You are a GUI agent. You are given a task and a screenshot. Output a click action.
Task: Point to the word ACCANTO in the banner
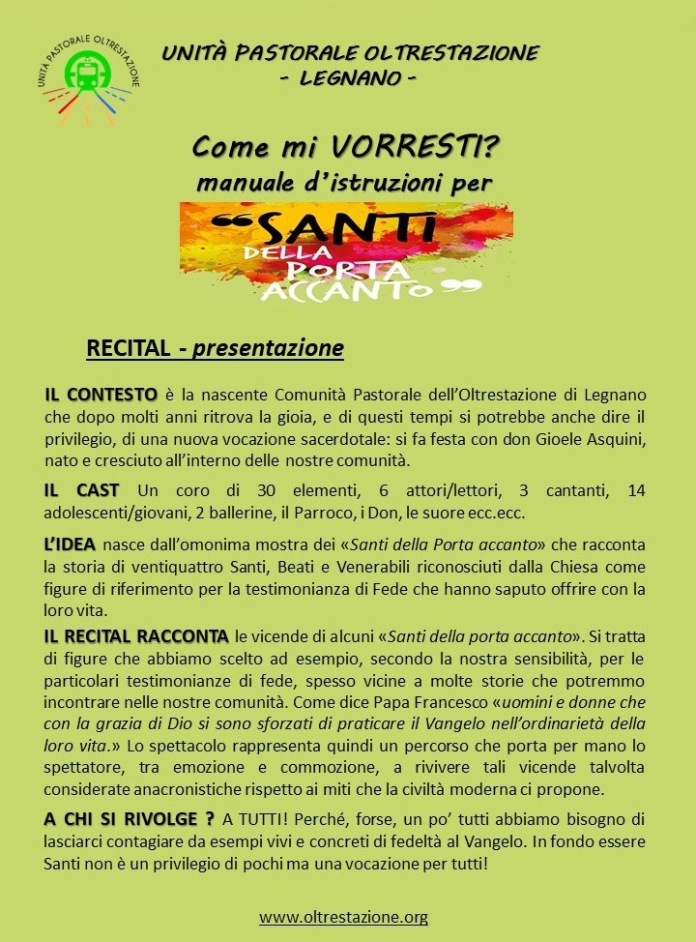378,288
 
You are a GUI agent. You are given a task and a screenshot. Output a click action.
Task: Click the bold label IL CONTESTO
101,395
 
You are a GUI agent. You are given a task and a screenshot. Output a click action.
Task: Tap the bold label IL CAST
82,491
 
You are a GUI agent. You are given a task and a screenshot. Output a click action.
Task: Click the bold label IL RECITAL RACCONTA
136,635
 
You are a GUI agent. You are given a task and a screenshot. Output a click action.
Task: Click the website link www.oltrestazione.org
343,916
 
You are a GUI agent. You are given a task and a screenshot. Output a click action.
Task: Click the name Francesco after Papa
458,701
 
